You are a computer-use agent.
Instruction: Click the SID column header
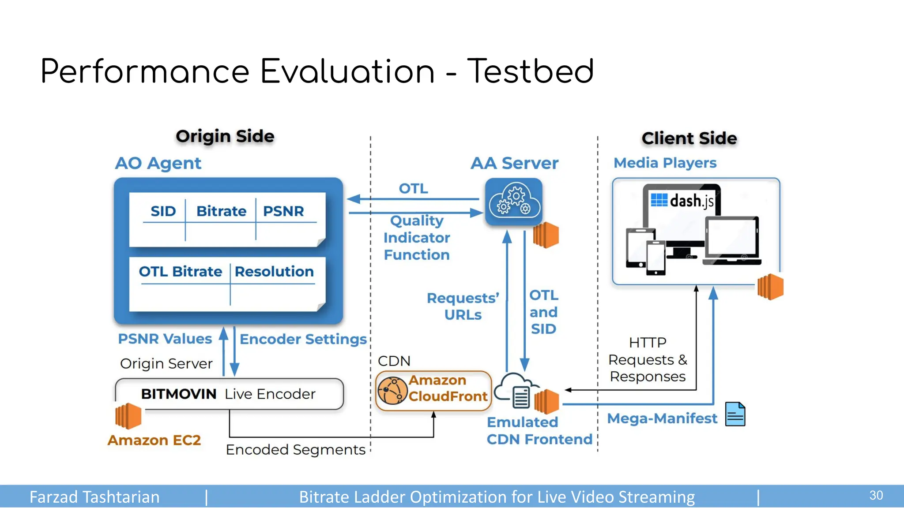click(x=163, y=211)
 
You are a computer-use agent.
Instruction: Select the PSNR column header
click(x=283, y=211)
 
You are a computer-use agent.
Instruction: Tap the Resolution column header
click(x=274, y=272)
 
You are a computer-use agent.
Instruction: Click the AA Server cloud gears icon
click(x=514, y=202)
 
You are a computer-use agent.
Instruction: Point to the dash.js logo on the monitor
click(x=682, y=201)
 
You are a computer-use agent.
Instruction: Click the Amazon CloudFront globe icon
click(x=392, y=391)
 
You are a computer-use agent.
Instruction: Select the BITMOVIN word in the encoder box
click(x=179, y=394)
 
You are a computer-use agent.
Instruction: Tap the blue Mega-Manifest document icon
click(x=735, y=414)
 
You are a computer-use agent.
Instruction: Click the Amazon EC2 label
click(x=154, y=440)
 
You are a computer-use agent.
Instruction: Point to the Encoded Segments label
click(x=295, y=450)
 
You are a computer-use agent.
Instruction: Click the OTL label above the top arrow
click(x=413, y=189)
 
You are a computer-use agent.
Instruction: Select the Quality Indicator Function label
click(x=416, y=238)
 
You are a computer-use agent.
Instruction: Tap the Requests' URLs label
click(x=463, y=306)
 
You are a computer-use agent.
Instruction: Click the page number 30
click(x=876, y=495)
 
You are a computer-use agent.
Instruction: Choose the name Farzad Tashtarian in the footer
click(x=94, y=497)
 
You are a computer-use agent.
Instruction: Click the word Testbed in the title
click(x=531, y=71)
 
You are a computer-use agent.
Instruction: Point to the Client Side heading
click(x=689, y=138)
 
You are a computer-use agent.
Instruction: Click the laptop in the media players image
click(x=732, y=240)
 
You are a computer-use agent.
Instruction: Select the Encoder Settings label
click(x=303, y=339)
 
